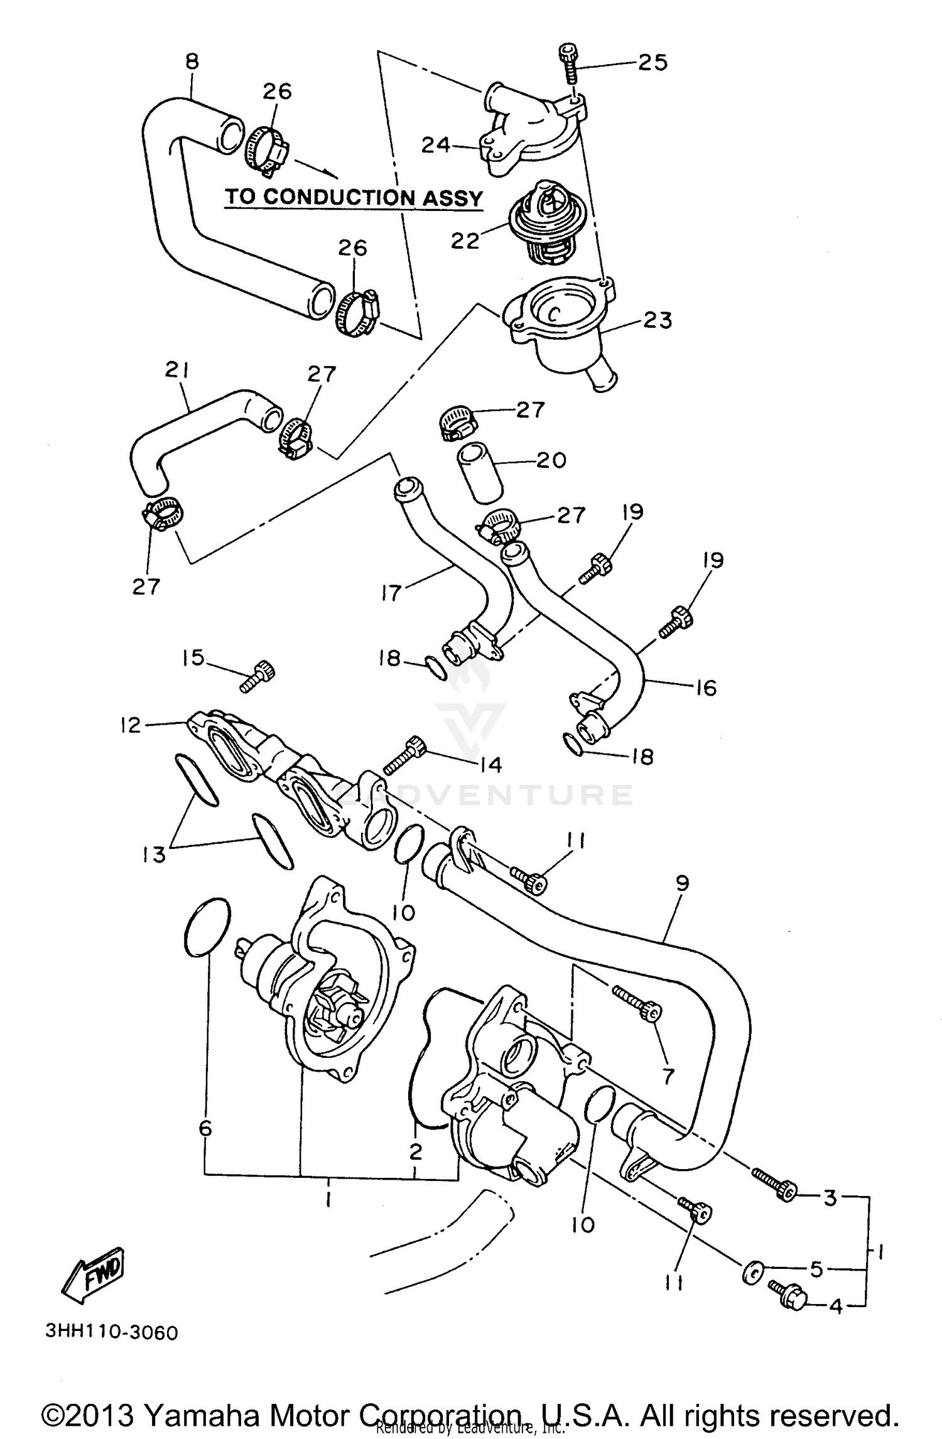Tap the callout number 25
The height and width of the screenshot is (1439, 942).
[x=652, y=62]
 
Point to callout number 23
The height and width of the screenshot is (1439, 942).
[x=658, y=320]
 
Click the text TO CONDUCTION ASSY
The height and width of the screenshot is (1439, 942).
[x=354, y=197]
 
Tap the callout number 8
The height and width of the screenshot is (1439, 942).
[x=192, y=62]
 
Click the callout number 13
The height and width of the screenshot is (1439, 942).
[x=154, y=854]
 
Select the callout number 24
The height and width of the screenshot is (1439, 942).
[x=436, y=145]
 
